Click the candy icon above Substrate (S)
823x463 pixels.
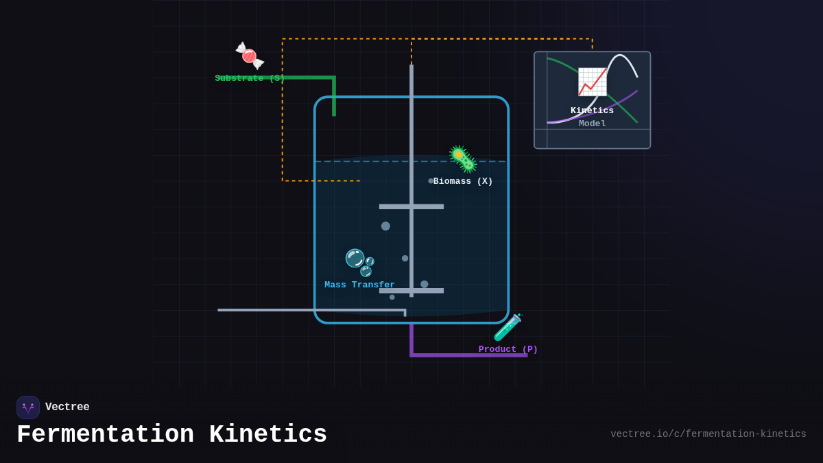tap(250, 56)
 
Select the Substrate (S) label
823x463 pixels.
tap(250, 79)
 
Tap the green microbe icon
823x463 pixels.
tap(462, 159)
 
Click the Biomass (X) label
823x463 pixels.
tap(463, 182)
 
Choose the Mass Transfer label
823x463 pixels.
tap(359, 285)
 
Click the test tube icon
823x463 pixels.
tap(508, 327)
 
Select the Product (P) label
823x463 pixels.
tap(508, 350)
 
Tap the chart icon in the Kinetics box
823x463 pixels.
tap(592, 82)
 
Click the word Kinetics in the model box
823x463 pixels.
tap(592, 111)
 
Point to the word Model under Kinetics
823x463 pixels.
tap(592, 124)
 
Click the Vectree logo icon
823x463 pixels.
tap(28, 407)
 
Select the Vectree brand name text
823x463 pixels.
tap(67, 407)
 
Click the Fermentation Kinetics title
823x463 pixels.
tap(171, 435)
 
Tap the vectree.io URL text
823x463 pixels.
tap(708, 434)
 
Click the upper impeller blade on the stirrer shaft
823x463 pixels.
tap(411, 206)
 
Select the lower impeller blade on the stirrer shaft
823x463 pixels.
tap(411, 291)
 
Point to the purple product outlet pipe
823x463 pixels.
tap(466, 355)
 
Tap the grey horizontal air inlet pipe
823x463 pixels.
tap(309, 310)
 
